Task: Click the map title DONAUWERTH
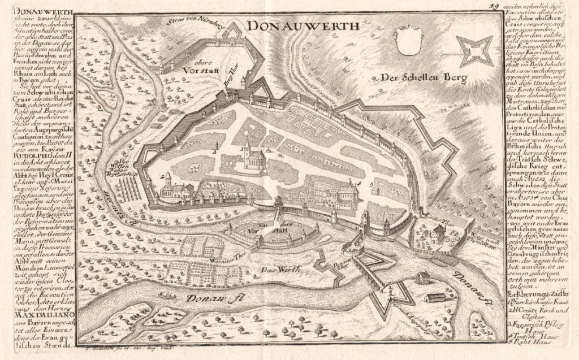303,26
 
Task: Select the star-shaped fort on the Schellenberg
474,49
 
